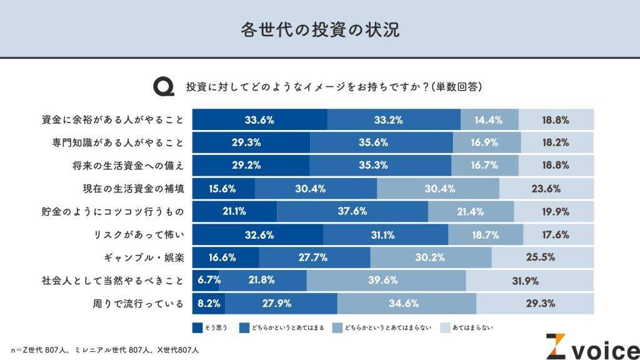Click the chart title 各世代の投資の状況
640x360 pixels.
[319, 29]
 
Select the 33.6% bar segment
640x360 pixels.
[259, 120]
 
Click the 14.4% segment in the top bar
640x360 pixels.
[489, 120]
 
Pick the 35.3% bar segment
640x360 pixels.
[380, 166]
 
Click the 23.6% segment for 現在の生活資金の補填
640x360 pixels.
[546, 189]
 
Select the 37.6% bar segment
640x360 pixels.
[352, 212]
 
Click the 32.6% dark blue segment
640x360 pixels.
[257, 235]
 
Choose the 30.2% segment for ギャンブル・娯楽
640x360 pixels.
[431, 257]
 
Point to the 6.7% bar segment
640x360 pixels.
[206, 281]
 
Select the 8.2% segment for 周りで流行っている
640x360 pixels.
[208, 304]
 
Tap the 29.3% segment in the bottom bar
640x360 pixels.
[535, 304]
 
